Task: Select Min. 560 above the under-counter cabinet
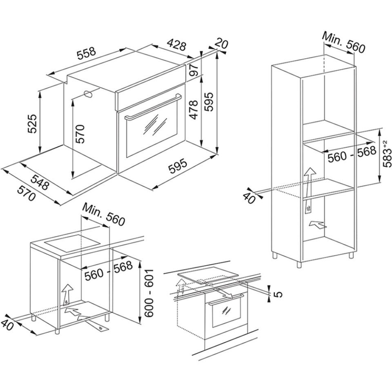103,214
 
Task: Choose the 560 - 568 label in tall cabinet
352,154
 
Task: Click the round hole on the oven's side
88,94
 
